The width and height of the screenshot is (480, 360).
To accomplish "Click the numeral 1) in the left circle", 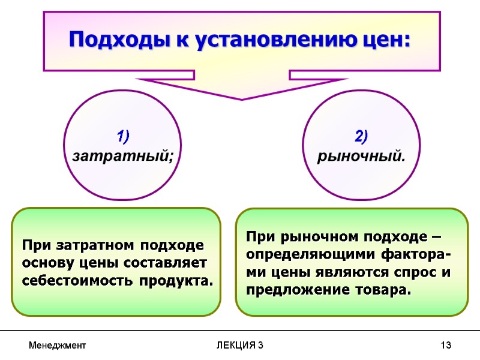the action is point(123,137).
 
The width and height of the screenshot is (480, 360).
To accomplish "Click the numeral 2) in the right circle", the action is point(361,137).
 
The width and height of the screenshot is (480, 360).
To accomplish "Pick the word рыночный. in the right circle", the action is point(361,157).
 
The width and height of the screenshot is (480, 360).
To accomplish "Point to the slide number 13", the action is point(445,346).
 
